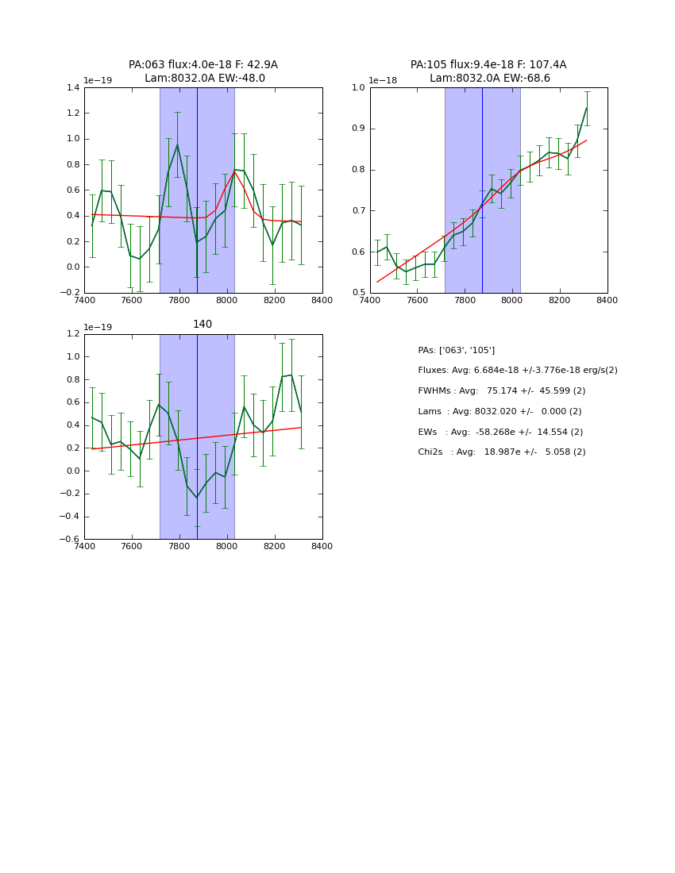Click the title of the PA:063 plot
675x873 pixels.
(x=203, y=71)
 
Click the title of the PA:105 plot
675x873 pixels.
(x=488, y=71)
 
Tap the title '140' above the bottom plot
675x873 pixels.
(x=202, y=325)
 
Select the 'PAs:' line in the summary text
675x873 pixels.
(x=456, y=350)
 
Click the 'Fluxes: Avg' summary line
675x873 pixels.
(x=517, y=371)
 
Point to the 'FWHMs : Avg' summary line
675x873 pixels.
(x=501, y=391)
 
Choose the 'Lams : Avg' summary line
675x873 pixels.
(x=499, y=412)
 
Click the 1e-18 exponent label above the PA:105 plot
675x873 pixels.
(x=383, y=81)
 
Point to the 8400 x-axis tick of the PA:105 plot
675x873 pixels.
(x=607, y=301)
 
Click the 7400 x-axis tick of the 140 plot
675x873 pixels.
(x=84, y=547)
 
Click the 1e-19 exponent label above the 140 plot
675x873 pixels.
(x=98, y=327)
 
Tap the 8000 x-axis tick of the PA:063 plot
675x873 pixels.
(x=227, y=301)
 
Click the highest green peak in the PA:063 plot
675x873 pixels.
(x=177, y=144)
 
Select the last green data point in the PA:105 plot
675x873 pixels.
(x=587, y=108)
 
